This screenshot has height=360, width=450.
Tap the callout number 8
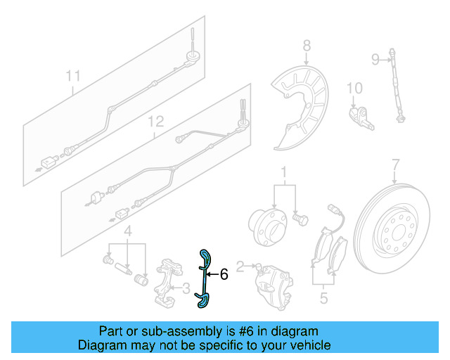(x=307, y=46)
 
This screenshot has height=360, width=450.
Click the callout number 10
(x=354, y=88)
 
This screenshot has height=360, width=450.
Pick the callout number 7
(x=395, y=165)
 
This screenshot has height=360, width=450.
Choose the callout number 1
(x=284, y=172)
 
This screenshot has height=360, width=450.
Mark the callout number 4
(x=127, y=231)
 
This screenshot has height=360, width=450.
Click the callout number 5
(x=323, y=297)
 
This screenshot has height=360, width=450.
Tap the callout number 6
(x=224, y=274)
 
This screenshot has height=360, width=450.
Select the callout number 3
(x=186, y=288)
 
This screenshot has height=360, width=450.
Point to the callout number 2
(x=240, y=266)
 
